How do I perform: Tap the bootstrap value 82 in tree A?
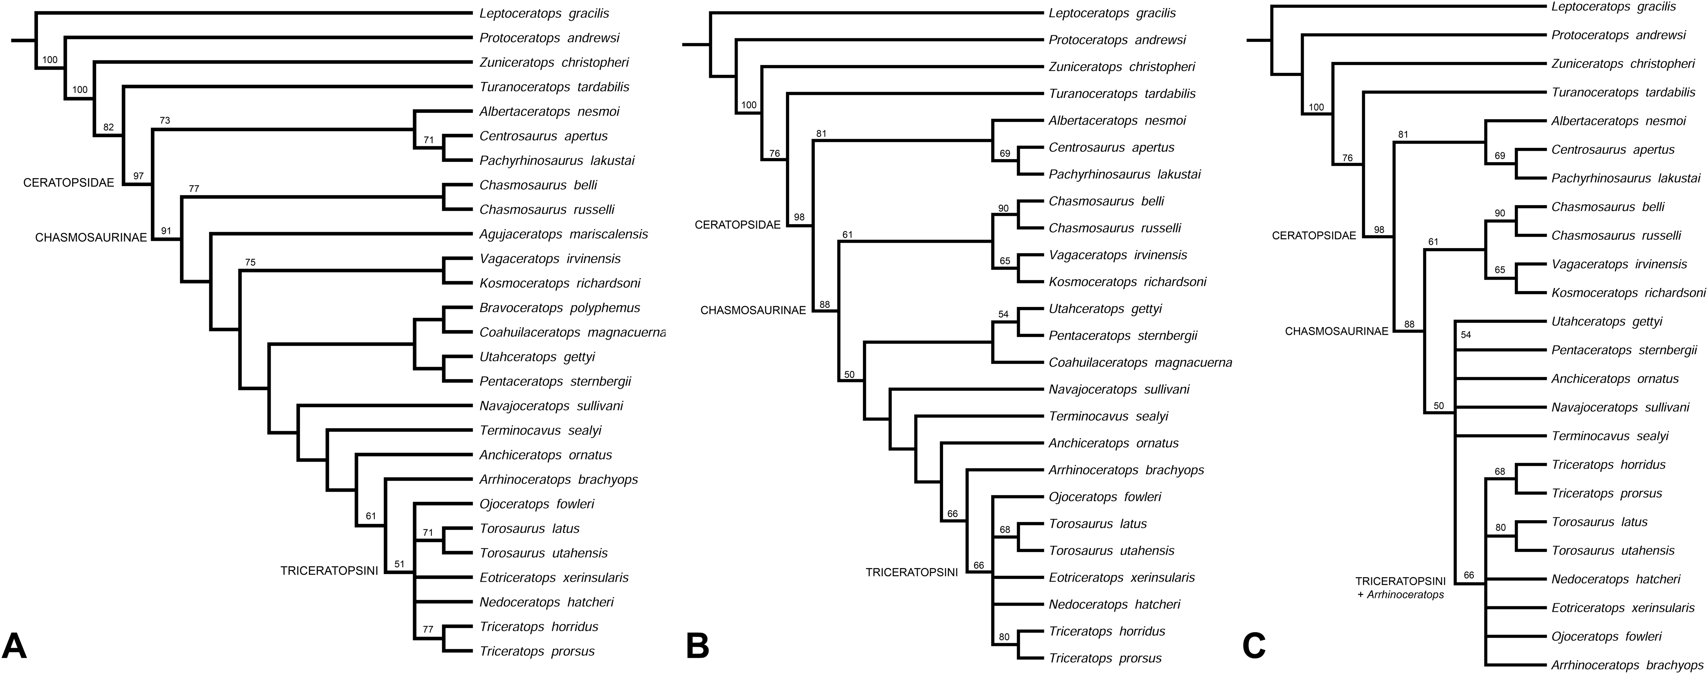pyautogui.click(x=109, y=127)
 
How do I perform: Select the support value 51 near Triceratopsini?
pyautogui.click(x=399, y=564)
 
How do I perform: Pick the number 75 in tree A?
pyautogui.click(x=250, y=263)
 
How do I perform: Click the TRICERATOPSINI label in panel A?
pyautogui.click(x=329, y=569)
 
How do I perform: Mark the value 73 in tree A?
pyautogui.click(x=165, y=120)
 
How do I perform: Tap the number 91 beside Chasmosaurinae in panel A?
pyautogui.click(x=166, y=231)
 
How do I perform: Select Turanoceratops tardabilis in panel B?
pyautogui.click(x=1122, y=93)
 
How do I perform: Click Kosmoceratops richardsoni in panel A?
pyautogui.click(x=560, y=283)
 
